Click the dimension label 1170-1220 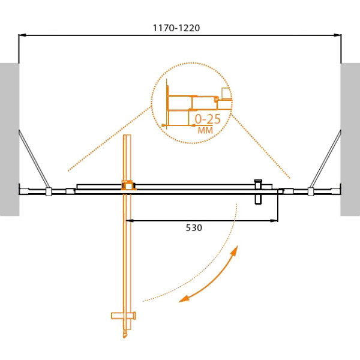pyautogui.click(x=176, y=28)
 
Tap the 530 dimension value pyautogui.click(x=194, y=228)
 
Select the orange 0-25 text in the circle pyautogui.click(x=208, y=119)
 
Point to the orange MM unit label pyautogui.click(x=205, y=130)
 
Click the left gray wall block pyautogui.click(x=10, y=139)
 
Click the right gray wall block pyautogui.click(x=350, y=139)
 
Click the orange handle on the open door pyautogui.click(x=124, y=316)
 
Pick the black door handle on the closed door pyautogui.click(x=258, y=192)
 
